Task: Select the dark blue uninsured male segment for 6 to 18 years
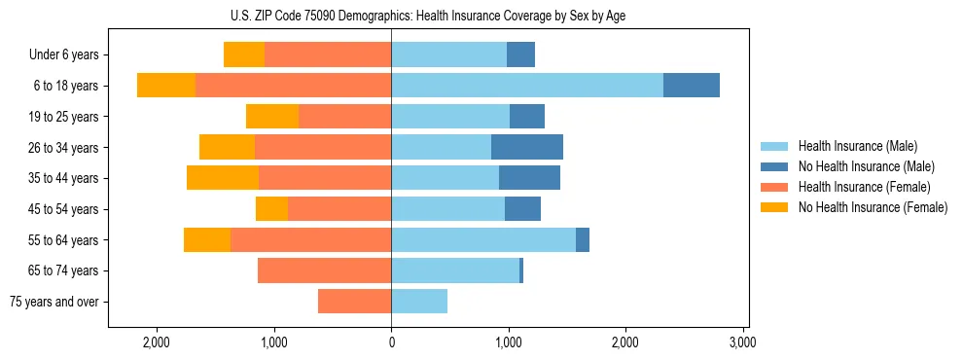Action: (x=692, y=85)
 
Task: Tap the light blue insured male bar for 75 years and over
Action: (x=419, y=302)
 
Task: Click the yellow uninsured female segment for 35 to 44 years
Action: (x=223, y=177)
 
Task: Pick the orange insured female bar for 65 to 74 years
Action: (x=324, y=270)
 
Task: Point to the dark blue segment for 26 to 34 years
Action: (x=527, y=147)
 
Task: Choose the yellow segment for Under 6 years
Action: (x=244, y=54)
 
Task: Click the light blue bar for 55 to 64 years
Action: (x=483, y=239)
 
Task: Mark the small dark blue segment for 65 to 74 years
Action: (x=521, y=270)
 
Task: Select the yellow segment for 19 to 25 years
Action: (x=272, y=116)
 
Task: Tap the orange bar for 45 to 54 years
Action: (x=339, y=208)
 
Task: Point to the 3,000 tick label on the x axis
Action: (x=742, y=342)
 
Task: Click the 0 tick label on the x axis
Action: (x=391, y=342)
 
